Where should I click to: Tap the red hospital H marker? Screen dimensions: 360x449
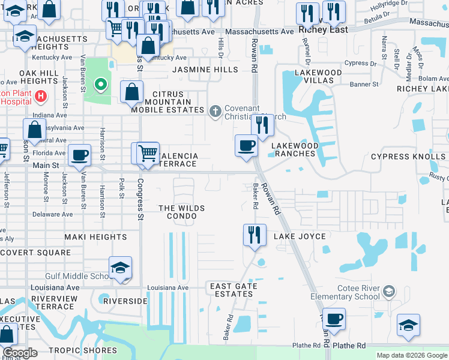40,96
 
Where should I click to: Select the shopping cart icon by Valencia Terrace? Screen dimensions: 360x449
147,153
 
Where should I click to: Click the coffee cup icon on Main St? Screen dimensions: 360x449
79,156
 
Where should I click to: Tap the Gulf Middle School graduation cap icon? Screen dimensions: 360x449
120,269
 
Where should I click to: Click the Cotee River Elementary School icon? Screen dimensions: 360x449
389,292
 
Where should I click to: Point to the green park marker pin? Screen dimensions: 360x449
101,85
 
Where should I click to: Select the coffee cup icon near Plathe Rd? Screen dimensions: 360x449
333,318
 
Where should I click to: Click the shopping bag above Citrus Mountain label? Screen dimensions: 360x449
131,92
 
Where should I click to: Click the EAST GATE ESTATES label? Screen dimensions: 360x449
234,290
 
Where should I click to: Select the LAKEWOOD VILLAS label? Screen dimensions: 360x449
318,77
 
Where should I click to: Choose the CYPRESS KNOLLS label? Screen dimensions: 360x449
408,157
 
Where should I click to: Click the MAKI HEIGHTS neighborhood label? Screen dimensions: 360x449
96,237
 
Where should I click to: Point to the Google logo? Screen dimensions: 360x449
20,353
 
